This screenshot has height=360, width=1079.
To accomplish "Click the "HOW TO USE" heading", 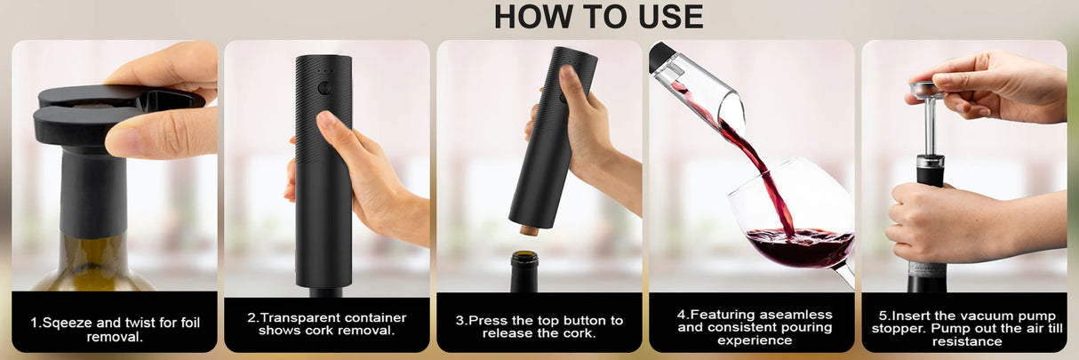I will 598,17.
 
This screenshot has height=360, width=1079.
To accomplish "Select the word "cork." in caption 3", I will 576,333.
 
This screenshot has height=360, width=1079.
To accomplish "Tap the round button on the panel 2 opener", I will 324,87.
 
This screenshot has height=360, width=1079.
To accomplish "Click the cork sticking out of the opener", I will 529,229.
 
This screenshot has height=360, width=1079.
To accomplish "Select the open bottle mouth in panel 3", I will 524,259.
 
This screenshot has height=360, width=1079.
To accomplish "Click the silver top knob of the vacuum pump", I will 927,88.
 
